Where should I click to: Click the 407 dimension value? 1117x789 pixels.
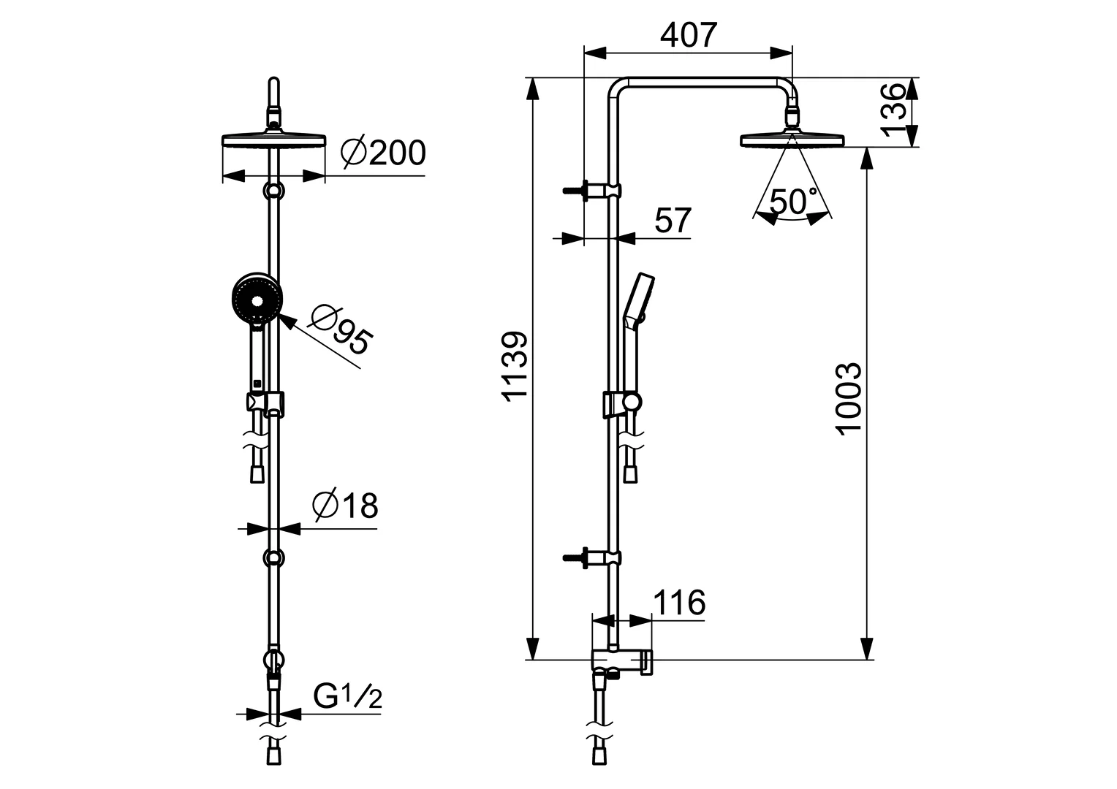click(689, 34)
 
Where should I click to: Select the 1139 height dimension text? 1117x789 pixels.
click(515, 366)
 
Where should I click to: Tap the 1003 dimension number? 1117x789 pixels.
click(849, 398)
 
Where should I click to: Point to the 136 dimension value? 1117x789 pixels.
click(893, 110)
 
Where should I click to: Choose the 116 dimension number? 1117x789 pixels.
click(679, 603)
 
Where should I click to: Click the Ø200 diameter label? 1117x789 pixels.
click(383, 153)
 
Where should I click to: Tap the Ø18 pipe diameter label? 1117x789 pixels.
click(345, 506)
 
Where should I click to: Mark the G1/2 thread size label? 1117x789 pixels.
click(347, 698)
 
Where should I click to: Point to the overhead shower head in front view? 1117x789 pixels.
click(273, 140)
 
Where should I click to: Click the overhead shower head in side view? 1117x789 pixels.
click(792, 140)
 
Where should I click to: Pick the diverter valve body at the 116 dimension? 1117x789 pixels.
click(621, 661)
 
